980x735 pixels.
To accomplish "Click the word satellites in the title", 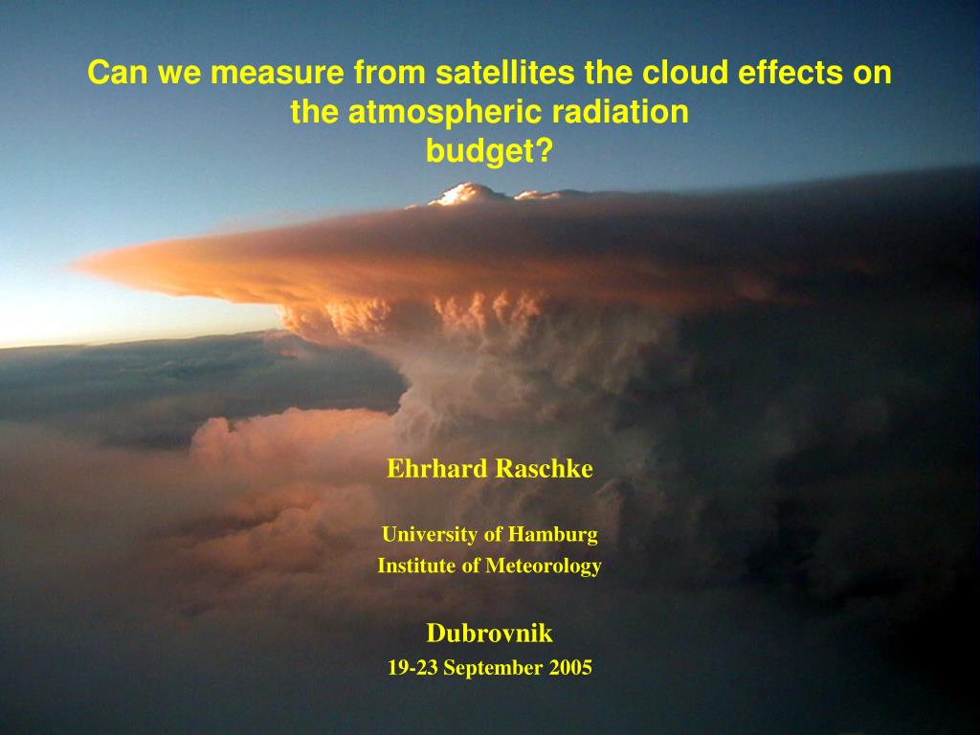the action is pyautogui.click(x=504, y=72).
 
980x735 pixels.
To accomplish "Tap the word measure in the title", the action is pyautogui.click(x=277, y=73).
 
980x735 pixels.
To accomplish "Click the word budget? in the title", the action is pyautogui.click(x=489, y=152).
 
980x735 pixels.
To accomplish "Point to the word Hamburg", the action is pyautogui.click(x=552, y=535).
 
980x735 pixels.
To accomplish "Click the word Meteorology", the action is pyautogui.click(x=544, y=567).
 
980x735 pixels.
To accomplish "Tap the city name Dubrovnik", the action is pyautogui.click(x=489, y=634).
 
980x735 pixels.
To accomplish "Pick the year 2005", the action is pyautogui.click(x=570, y=668).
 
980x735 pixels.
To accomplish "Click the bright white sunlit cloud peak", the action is pyautogui.click(x=464, y=193).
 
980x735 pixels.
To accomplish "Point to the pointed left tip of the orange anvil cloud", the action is pyautogui.click(x=74, y=266).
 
